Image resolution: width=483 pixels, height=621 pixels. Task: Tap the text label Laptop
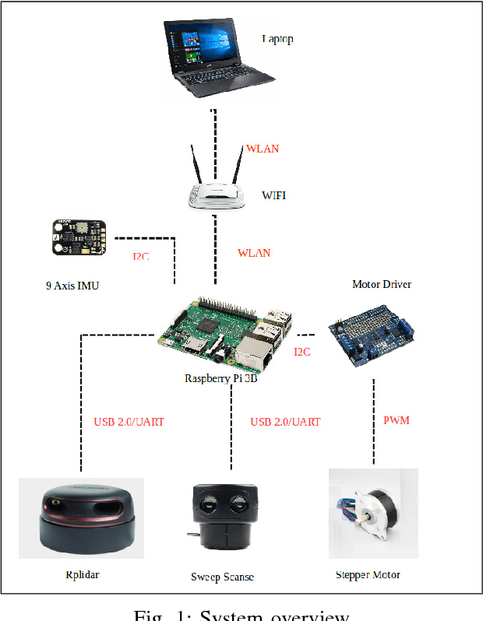click(x=277, y=38)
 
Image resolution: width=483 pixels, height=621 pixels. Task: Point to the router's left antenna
click(x=196, y=166)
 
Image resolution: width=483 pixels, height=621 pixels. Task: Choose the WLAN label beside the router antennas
click(x=262, y=149)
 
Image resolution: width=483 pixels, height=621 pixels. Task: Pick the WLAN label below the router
click(x=253, y=253)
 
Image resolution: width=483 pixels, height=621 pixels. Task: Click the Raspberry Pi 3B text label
click(x=220, y=379)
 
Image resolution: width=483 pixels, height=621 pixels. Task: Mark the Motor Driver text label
click(x=381, y=284)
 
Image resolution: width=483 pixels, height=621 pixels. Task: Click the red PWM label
click(x=396, y=420)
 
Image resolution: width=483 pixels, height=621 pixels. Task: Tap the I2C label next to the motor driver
click(x=301, y=352)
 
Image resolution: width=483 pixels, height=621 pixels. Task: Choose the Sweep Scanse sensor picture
click(x=223, y=517)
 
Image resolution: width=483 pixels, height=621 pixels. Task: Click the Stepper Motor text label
click(x=367, y=574)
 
